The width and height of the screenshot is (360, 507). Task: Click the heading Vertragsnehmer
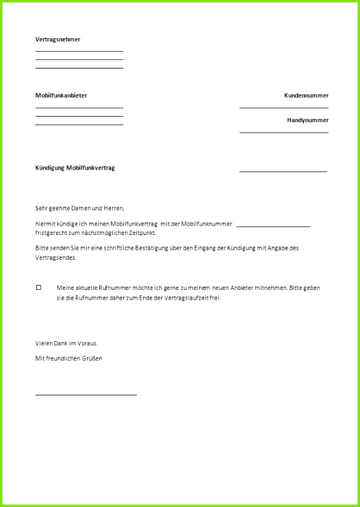(x=57, y=39)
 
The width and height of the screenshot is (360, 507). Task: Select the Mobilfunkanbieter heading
(x=61, y=96)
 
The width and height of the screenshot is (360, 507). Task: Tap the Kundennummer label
(x=306, y=96)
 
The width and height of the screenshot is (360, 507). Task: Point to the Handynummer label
(x=307, y=120)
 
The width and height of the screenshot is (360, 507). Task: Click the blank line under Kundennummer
(x=284, y=107)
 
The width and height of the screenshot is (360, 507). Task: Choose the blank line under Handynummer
(x=284, y=132)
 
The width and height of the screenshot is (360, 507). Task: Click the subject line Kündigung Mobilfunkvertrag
(x=75, y=168)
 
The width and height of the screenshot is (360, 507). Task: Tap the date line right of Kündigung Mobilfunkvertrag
(x=283, y=171)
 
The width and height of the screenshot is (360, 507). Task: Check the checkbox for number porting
(x=38, y=287)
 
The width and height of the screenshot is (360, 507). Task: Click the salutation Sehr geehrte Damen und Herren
(x=80, y=208)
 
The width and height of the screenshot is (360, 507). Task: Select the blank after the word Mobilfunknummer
(x=272, y=226)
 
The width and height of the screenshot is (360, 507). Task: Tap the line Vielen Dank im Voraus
(x=67, y=343)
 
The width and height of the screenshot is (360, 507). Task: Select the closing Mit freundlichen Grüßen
(x=68, y=358)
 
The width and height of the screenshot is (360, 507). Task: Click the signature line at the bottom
(x=86, y=394)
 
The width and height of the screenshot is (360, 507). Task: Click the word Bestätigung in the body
(x=166, y=248)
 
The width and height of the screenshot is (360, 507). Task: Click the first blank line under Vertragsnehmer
(x=79, y=51)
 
